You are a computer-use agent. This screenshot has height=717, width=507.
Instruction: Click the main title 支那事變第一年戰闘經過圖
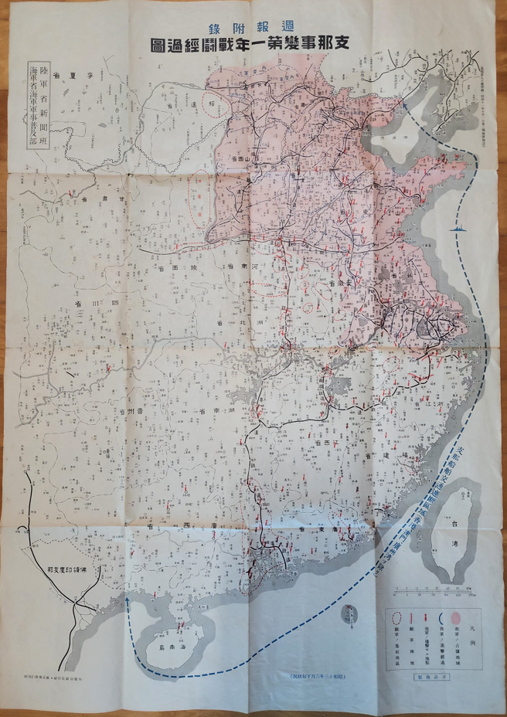click(x=253, y=45)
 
